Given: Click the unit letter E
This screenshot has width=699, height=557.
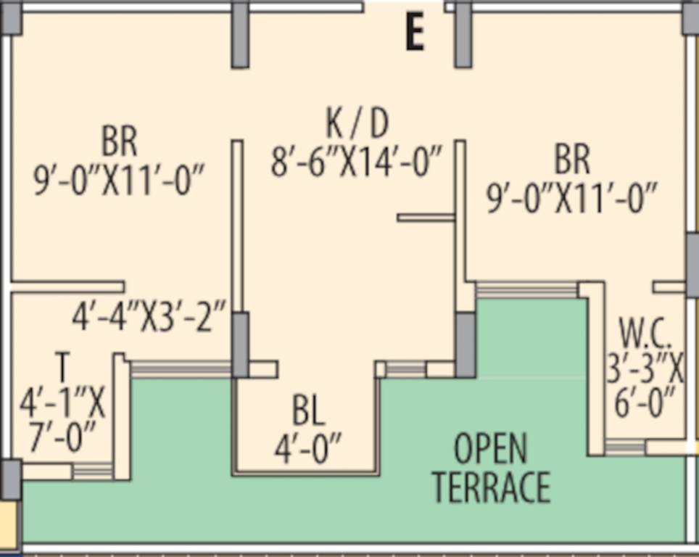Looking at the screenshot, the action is point(414,33).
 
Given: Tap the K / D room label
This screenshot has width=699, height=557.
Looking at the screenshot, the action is point(357,124).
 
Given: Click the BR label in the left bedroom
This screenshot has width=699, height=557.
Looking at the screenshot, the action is point(120,141).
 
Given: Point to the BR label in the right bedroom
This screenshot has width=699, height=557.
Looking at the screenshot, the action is point(572,160).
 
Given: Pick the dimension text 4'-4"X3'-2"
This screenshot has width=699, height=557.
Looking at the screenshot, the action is point(150,318).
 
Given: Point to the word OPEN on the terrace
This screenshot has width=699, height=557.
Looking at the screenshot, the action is point(491,450).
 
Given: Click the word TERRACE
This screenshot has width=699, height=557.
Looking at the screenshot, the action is point(491,487).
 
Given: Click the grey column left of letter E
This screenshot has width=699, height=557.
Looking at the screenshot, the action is point(240,35).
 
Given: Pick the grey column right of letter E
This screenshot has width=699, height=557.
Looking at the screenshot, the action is point(463,35).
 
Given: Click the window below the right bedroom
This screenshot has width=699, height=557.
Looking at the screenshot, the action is point(526,289).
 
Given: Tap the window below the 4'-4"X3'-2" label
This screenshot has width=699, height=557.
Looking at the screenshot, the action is point(181,369).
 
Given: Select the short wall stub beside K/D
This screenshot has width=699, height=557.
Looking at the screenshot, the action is point(426,217).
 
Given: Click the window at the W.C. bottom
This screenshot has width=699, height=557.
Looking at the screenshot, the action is point(624,447).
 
